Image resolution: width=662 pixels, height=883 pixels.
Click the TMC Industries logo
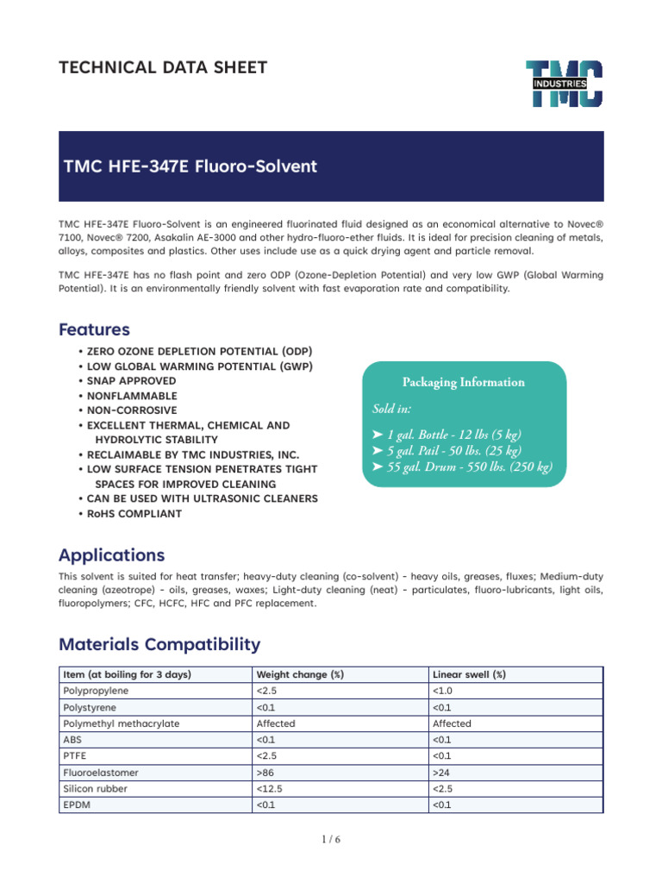pos(565,84)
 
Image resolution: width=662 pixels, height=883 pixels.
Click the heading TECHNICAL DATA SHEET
pos(163,67)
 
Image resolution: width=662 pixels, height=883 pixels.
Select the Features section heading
pos(94,329)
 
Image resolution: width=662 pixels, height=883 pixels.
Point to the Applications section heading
pos(111,554)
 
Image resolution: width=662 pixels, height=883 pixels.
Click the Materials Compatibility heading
pos(159,644)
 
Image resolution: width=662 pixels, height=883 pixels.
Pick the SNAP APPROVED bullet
pos(131,381)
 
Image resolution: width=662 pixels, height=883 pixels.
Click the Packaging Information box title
pos(463,382)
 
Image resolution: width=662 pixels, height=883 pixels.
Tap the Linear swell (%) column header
pos(469,674)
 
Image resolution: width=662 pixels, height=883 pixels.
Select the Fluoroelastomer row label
pos(101,773)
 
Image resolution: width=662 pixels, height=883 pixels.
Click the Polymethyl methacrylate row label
pos(122,723)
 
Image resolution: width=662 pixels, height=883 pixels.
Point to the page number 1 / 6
pos(331,841)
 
